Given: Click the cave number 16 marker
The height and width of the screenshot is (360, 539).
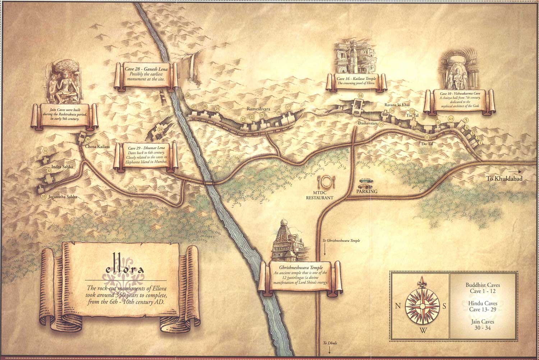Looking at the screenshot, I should pyautogui.click(x=360, y=96).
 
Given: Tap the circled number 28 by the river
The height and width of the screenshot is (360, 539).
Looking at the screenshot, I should pyautogui.click(x=188, y=96).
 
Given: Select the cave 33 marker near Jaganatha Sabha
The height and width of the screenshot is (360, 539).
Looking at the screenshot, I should pyautogui.click(x=43, y=197).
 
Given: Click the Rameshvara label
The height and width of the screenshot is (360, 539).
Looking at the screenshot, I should pyautogui.click(x=258, y=109).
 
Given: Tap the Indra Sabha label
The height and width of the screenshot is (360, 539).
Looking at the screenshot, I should pyautogui.click(x=62, y=167).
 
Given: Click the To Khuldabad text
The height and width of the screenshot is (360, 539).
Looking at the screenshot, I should pyautogui.click(x=504, y=179).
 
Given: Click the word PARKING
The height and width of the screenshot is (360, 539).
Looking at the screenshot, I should pyautogui.click(x=367, y=191).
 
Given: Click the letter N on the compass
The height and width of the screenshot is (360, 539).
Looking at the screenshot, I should pyautogui.click(x=398, y=306).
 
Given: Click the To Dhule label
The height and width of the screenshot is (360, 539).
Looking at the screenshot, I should pyautogui.click(x=330, y=343).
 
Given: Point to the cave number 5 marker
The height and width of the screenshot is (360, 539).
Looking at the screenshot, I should pyautogui.click(x=466, y=120).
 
